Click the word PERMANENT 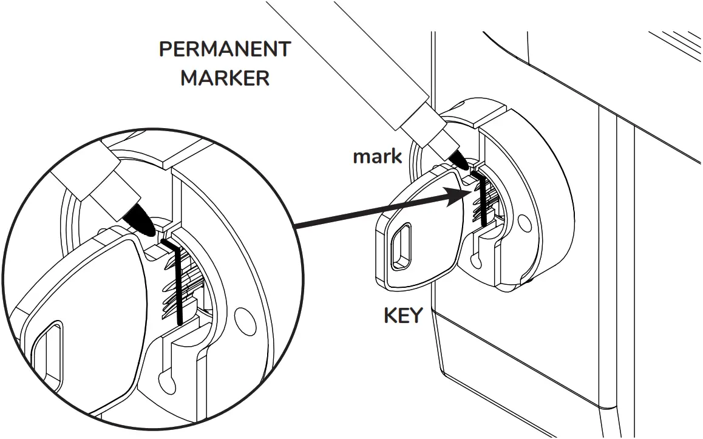225,50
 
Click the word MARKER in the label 225,78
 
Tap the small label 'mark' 377,157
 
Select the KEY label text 403,316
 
